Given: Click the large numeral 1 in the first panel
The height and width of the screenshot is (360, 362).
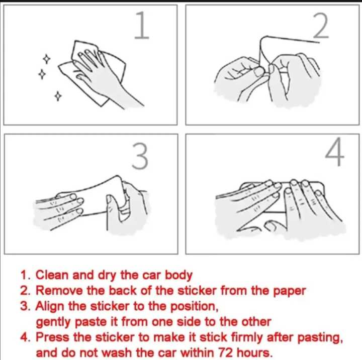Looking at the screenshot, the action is [142, 25].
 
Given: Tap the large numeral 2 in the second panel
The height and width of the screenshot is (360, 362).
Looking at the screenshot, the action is [321, 26].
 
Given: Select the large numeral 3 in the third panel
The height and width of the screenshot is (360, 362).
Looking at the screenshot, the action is [140, 156].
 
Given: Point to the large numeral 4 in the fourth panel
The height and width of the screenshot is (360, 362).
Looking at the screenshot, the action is [335, 152].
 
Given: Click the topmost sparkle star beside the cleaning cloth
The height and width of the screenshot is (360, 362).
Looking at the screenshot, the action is [47, 59].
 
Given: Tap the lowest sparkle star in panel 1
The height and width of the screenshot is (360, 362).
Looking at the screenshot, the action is [58, 96].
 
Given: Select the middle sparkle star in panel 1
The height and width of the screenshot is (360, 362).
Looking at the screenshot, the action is [42, 74].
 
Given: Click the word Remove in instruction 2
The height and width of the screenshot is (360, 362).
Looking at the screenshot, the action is [59, 290].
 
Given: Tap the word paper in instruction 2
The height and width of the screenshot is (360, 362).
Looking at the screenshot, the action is [290, 291].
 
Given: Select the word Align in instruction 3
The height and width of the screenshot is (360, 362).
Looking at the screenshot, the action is [50, 306].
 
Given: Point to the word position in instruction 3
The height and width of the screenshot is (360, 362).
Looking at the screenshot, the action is [194, 307].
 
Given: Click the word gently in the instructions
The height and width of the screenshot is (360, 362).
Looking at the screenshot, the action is [53, 322].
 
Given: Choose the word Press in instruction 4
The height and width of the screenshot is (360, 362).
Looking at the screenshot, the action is [52, 337].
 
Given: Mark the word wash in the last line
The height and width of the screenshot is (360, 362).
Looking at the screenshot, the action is [117, 353].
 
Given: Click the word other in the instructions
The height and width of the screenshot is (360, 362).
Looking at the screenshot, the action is [256, 322].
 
